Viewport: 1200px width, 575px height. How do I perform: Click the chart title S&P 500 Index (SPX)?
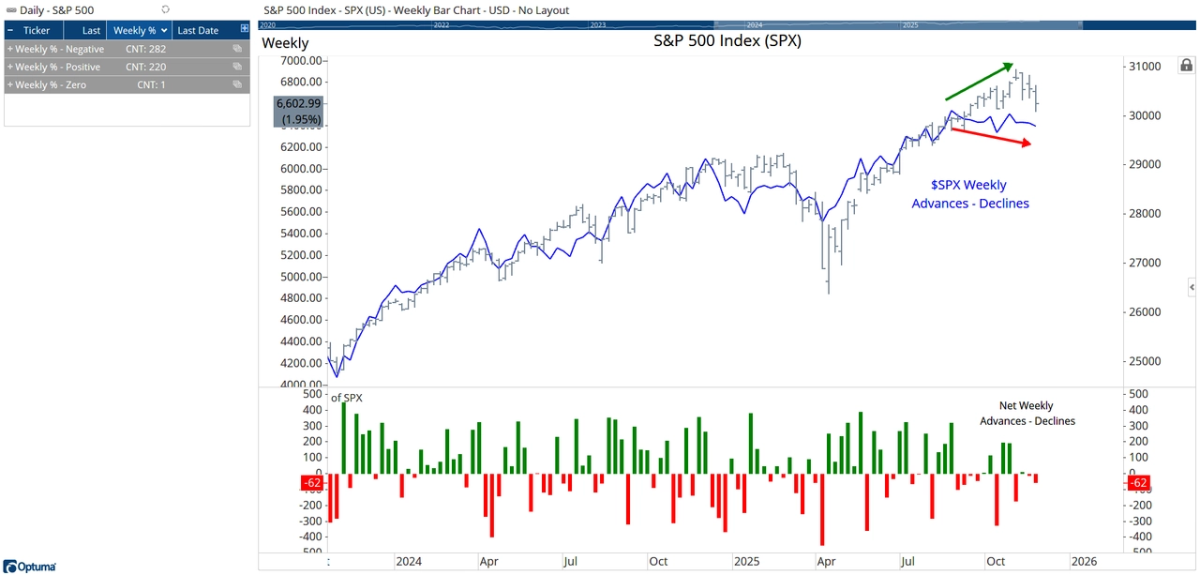tap(727, 41)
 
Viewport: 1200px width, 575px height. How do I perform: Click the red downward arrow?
tap(991, 136)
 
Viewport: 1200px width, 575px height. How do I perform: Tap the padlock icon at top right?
tap(1186, 66)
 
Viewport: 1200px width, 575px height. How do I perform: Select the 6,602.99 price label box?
tap(298, 112)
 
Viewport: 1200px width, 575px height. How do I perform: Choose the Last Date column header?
tap(198, 31)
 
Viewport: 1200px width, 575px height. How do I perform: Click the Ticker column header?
tap(37, 31)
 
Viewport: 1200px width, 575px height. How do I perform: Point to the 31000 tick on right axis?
tap(1147, 67)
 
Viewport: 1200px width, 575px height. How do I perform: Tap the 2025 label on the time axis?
tap(746, 561)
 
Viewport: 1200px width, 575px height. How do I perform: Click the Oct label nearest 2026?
tap(995, 561)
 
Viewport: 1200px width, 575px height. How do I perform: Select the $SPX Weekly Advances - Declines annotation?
tap(969, 194)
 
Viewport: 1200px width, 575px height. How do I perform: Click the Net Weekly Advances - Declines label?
tap(1027, 414)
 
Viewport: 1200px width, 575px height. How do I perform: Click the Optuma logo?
tap(30, 567)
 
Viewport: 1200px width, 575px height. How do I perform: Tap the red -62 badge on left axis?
tap(312, 483)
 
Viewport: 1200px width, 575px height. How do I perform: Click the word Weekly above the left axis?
tap(285, 43)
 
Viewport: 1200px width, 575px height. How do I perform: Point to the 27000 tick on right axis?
tap(1147, 263)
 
